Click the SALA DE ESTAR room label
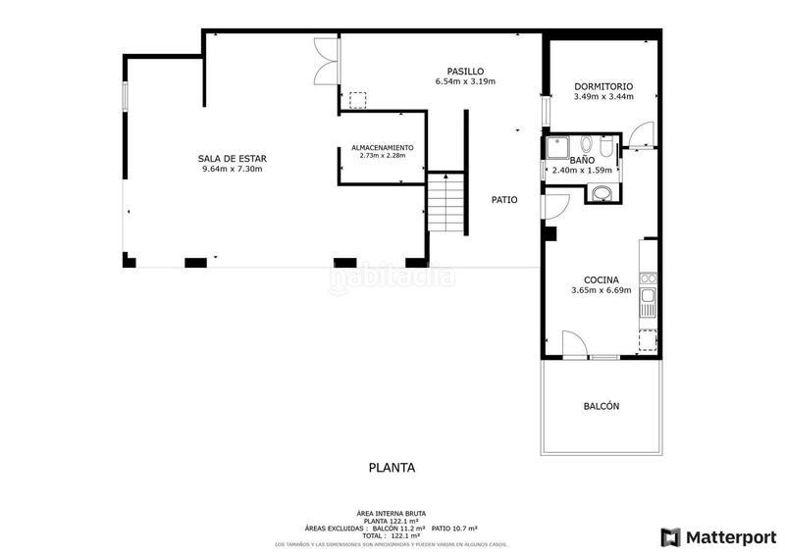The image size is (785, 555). (232, 158)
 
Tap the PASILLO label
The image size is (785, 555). (465, 71)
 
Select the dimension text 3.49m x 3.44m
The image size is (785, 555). (602, 96)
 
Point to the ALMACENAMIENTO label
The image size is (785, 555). (382, 147)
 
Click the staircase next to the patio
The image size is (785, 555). (445, 202)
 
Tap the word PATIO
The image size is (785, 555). (504, 200)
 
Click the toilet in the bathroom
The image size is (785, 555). (608, 147)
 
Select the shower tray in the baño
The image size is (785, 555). (559, 146)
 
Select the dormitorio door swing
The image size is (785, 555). (639, 136)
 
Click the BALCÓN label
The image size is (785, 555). (602, 406)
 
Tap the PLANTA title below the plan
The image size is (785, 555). (392, 468)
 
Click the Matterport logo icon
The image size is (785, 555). (671, 536)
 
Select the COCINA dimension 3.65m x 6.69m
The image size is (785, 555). (602, 290)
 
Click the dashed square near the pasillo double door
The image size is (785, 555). (357, 100)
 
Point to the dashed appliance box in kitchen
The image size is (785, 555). (648, 339)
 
